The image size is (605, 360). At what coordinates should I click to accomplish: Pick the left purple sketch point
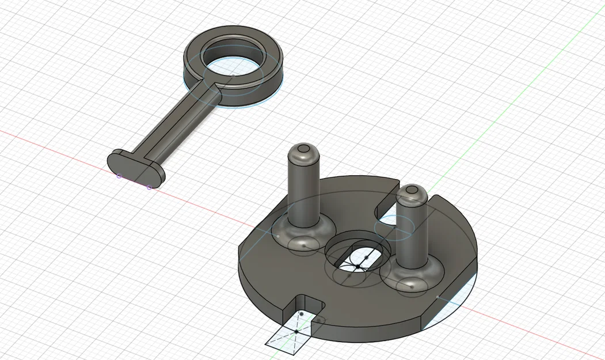point(119,176)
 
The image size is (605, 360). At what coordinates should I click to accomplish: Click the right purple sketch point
point(150,187)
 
